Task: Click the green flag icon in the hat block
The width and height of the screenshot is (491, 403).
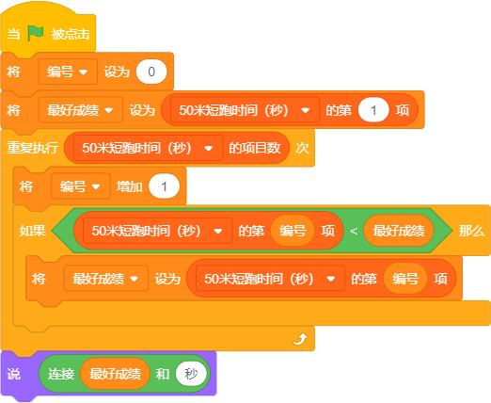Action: pyautogui.click(x=36, y=33)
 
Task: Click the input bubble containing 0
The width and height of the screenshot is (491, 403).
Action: pyautogui.click(x=151, y=72)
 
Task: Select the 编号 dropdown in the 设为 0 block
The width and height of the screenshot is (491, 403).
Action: pyautogui.click(x=68, y=72)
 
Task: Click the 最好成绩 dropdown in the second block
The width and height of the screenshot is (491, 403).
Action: pyautogui.click(x=81, y=110)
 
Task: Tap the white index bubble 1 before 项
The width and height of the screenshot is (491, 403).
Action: pyautogui.click(x=373, y=110)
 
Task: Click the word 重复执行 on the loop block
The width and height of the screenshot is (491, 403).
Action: pyautogui.click(x=33, y=148)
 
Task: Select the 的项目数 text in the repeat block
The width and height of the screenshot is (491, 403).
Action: pyautogui.click(x=255, y=148)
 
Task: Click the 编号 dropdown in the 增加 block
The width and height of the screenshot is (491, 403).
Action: pyautogui.click(x=81, y=186)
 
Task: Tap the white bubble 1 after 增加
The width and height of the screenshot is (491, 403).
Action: pyautogui.click(x=164, y=186)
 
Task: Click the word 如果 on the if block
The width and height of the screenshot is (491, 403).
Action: pyautogui.click(x=33, y=231)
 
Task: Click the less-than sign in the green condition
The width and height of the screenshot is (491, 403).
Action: pyautogui.click(x=354, y=232)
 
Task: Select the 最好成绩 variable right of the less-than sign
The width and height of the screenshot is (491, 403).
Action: pyautogui.click(x=399, y=231)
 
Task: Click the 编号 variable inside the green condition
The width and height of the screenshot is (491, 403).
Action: pyautogui.click(x=293, y=231)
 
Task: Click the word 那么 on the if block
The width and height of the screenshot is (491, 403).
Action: pyautogui.click(x=471, y=231)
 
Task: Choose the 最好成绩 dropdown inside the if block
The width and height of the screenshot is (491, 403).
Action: pyautogui.click(x=106, y=279)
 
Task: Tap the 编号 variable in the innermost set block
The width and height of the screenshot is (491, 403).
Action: pyautogui.click(x=405, y=279)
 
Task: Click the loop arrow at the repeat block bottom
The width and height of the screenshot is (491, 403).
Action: pyautogui.click(x=300, y=339)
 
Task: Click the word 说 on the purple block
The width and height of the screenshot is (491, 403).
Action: pyautogui.click(x=13, y=374)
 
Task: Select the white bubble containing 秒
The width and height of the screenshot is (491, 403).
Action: pyautogui.click(x=191, y=374)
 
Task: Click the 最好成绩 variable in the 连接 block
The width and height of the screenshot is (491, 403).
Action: pyautogui.click(x=115, y=374)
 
